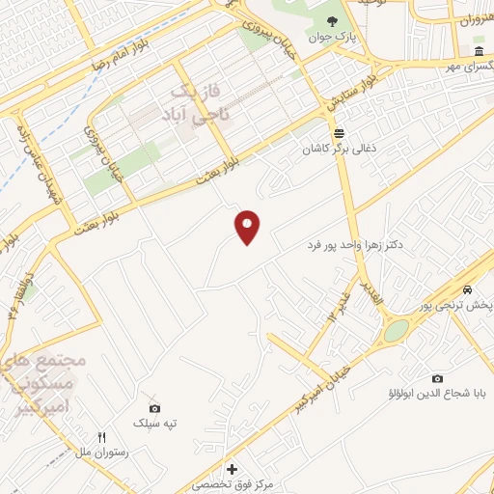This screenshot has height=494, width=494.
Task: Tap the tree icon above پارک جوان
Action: tap(332, 21)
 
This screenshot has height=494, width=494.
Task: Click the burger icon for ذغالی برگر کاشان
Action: tap(338, 133)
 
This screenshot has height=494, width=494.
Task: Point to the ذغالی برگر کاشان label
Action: tap(338, 150)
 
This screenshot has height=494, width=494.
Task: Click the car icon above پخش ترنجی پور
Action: tap(467, 290)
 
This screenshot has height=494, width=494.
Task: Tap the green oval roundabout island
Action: tap(396, 331)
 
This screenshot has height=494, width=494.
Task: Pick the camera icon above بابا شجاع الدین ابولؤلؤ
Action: tap(437, 378)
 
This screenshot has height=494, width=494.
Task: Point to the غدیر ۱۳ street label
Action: tap(341, 304)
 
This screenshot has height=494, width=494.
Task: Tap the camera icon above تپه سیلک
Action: tap(154, 408)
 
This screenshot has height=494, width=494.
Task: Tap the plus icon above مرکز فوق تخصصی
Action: tap(231, 468)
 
